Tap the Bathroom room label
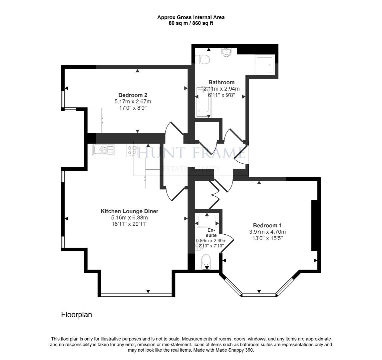221,82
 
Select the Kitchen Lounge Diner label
129,211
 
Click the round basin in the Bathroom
227,52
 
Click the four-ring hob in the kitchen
132,150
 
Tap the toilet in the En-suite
206,261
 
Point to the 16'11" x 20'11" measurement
129,224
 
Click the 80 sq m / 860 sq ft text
191,23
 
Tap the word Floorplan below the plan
76,314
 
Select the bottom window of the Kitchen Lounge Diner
136,294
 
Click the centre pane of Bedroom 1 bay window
259,295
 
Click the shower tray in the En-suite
207,219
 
